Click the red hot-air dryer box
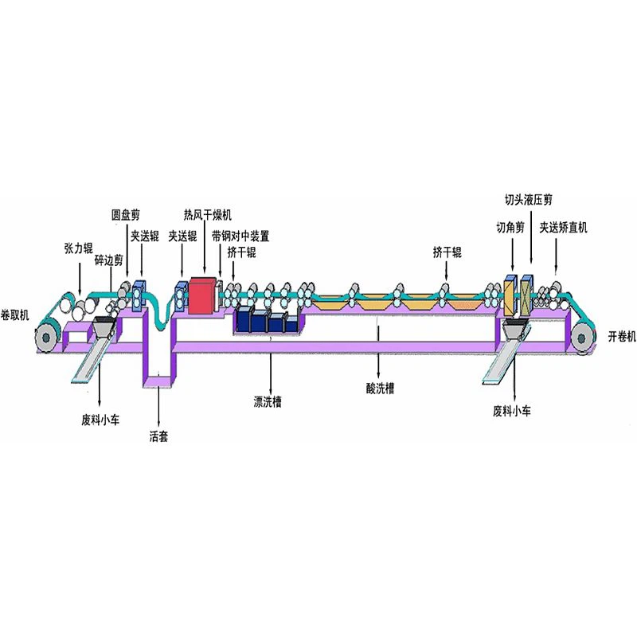pyautogui.click(x=202, y=295)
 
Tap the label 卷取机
pyautogui.click(x=15, y=315)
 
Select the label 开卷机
pyautogui.click(x=622, y=336)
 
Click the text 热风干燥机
pyautogui.click(x=208, y=214)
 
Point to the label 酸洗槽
pyautogui.click(x=380, y=389)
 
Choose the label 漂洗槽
pyautogui.click(x=268, y=402)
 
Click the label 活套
pyautogui.click(x=158, y=436)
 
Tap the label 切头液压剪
pyautogui.click(x=529, y=200)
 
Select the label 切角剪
pyautogui.click(x=510, y=228)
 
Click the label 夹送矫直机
pyautogui.click(x=563, y=228)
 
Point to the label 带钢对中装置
pyautogui.click(x=240, y=236)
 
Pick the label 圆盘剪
pyautogui.click(x=126, y=214)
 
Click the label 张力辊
pyautogui.click(x=78, y=248)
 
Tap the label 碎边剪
pyautogui.click(x=108, y=260)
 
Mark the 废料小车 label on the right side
pyautogui.click(x=512, y=411)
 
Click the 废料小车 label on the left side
pyautogui.click(x=100, y=420)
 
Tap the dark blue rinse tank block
pyautogui.click(x=268, y=321)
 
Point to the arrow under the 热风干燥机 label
pyautogui.click(x=205, y=248)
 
